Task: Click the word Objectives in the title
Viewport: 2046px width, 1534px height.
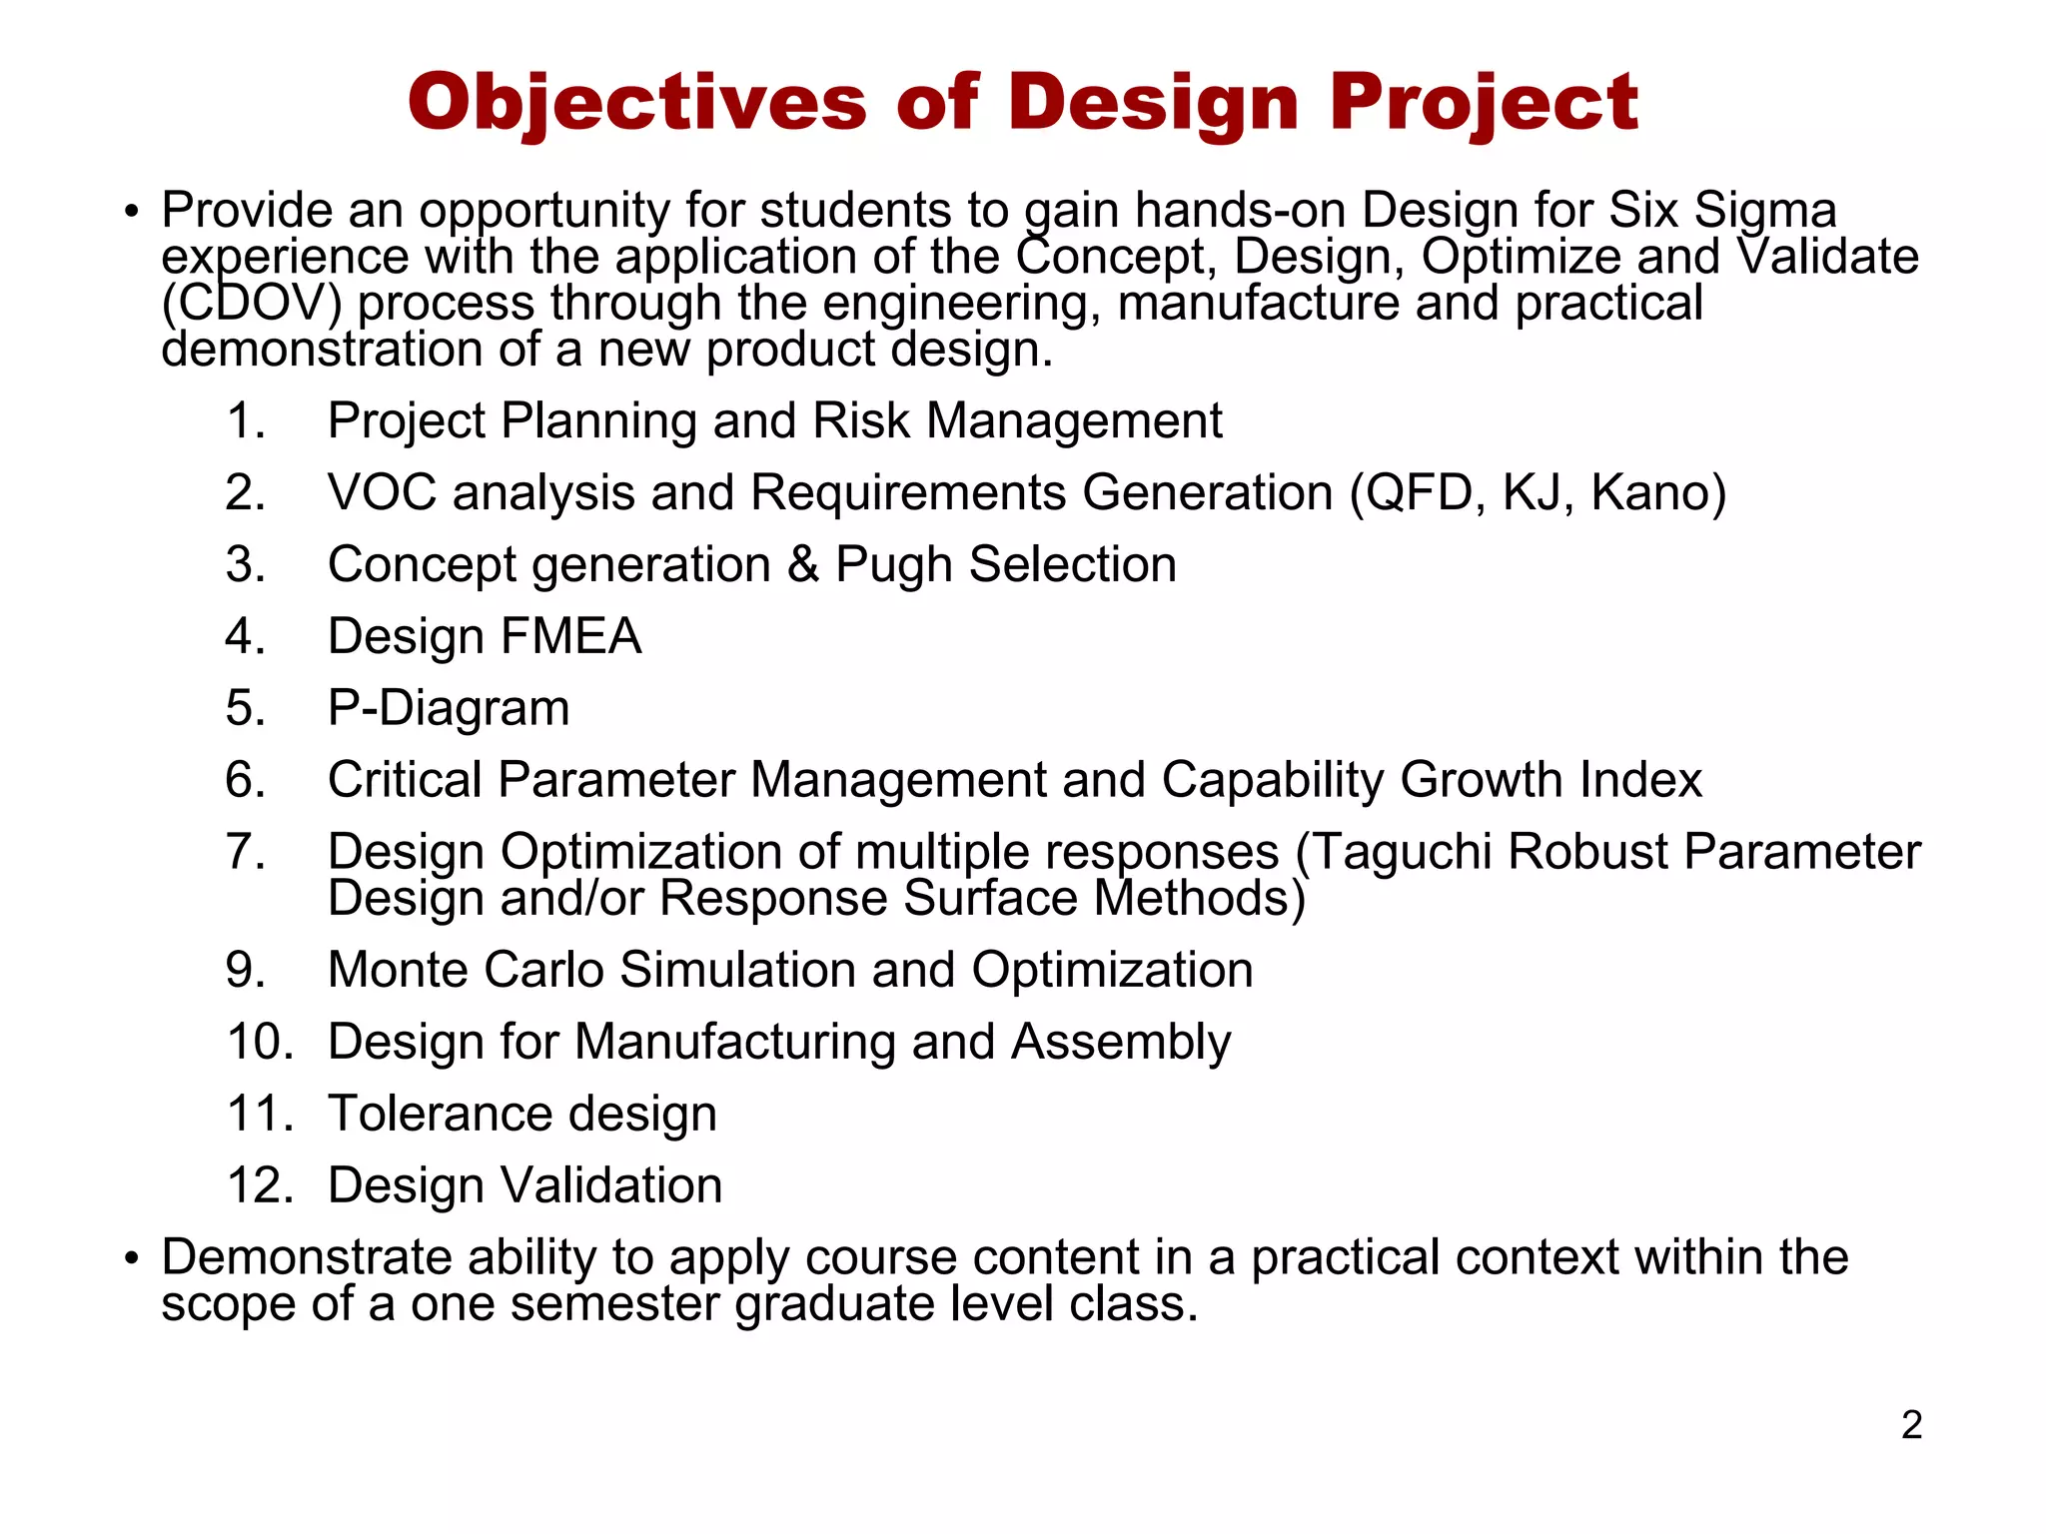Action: click(637, 103)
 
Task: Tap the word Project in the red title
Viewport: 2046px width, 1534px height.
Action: click(1484, 103)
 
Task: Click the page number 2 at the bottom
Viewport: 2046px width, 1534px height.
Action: click(1911, 1425)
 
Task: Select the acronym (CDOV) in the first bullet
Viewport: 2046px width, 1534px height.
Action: click(251, 304)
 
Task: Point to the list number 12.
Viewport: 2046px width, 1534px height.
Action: click(260, 1185)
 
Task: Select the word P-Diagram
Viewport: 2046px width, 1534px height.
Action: click(449, 708)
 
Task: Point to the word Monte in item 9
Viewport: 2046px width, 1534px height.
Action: click(398, 970)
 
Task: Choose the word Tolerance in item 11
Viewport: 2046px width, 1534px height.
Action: click(440, 1114)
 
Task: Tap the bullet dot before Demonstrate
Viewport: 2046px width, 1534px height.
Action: click(130, 1258)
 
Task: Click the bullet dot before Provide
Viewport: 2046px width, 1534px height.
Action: click(130, 212)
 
